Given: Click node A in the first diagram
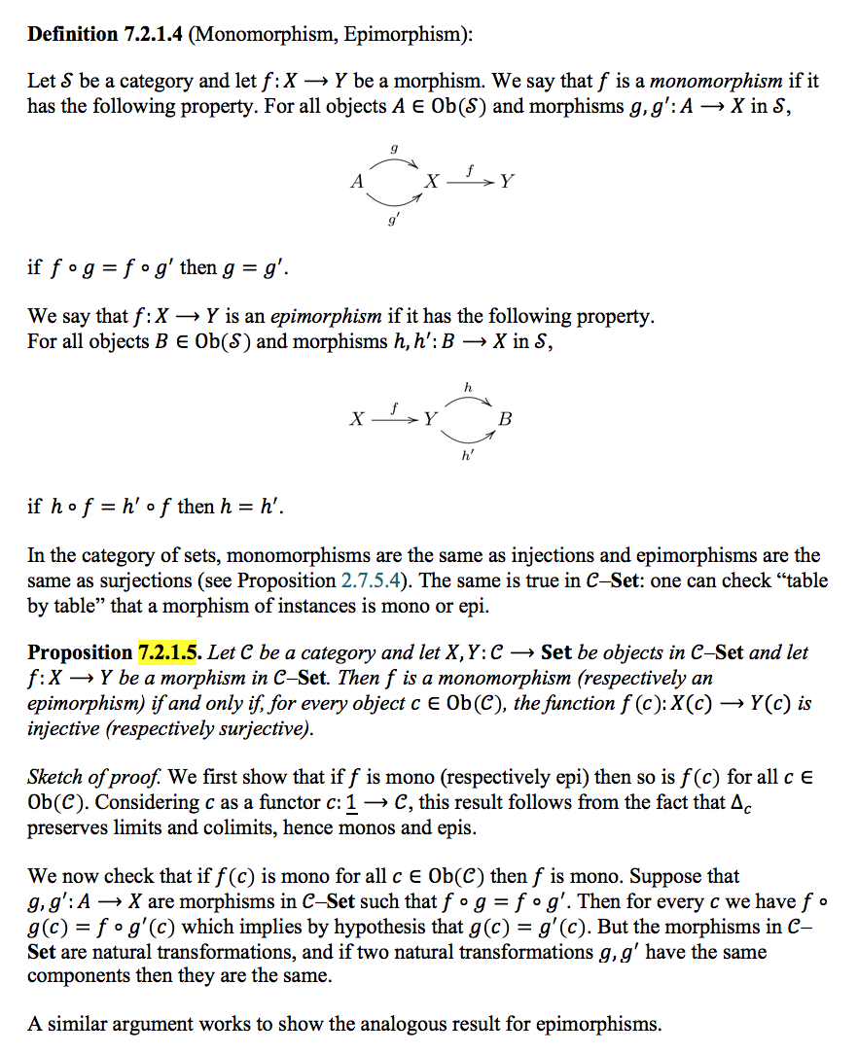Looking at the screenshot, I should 357,181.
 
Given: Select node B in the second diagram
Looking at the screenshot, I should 504,419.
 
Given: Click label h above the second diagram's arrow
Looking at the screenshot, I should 468,386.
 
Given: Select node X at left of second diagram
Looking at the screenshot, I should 358,419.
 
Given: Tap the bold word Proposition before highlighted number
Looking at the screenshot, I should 79,652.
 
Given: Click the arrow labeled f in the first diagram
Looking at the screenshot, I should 470,182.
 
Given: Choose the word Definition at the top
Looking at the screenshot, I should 72,35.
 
